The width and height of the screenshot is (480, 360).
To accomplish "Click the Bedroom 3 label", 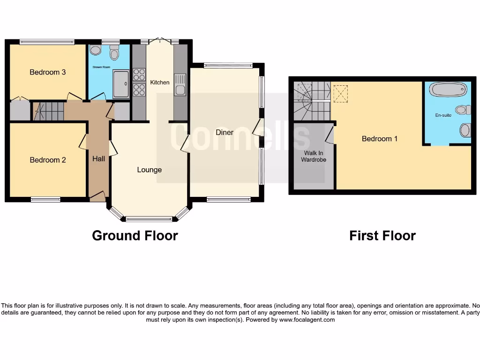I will tap(48, 72).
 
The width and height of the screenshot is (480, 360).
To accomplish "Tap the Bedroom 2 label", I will tap(48, 160).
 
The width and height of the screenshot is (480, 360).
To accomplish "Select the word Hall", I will tap(98, 159).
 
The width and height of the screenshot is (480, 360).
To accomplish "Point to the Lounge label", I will tap(149, 170).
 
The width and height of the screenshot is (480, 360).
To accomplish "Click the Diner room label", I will tap(225, 132).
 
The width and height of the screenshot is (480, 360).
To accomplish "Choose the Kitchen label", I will tap(160, 82).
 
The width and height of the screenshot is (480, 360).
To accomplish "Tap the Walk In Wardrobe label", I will tap(314, 156).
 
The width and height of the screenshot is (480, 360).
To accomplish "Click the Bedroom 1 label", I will tap(380, 139).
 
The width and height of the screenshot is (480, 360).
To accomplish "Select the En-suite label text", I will tap(443, 115).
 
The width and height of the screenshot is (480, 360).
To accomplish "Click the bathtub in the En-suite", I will tap(448, 89).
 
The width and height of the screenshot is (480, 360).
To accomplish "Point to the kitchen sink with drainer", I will tap(180, 84).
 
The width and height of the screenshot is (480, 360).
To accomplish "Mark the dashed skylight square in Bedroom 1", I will tap(340, 93).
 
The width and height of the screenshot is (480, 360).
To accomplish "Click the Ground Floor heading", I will tap(135, 235).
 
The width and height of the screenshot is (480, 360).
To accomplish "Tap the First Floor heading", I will tap(382, 235).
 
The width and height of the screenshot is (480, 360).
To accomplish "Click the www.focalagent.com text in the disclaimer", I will tap(307, 320).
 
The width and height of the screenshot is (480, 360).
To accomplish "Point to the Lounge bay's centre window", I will tap(149, 218).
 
